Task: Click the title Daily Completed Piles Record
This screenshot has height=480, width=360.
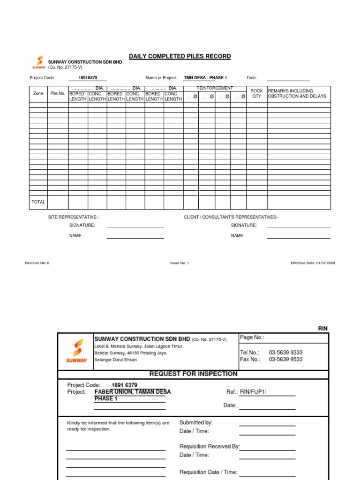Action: click(180, 56)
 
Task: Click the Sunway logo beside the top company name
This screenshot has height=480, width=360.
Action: click(39, 62)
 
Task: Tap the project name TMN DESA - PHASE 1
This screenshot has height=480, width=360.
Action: click(205, 78)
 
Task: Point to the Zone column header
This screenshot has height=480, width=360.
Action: click(38, 94)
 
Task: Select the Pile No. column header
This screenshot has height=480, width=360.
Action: click(58, 94)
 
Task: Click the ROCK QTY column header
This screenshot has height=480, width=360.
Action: click(256, 94)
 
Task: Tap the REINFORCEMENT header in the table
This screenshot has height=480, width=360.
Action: click(214, 88)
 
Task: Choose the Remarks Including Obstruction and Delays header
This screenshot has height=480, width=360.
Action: click(291, 94)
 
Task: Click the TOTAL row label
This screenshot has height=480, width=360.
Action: click(38, 202)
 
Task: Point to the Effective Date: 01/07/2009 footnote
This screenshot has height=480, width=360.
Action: click(313, 263)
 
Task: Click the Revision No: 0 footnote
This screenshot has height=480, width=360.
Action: click(37, 263)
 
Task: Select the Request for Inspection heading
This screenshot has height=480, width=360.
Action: click(193, 374)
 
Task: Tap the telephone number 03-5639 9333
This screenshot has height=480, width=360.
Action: click(285, 352)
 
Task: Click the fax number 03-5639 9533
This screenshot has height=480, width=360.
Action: click(285, 360)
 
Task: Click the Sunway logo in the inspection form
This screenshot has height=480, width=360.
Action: click(76, 351)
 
